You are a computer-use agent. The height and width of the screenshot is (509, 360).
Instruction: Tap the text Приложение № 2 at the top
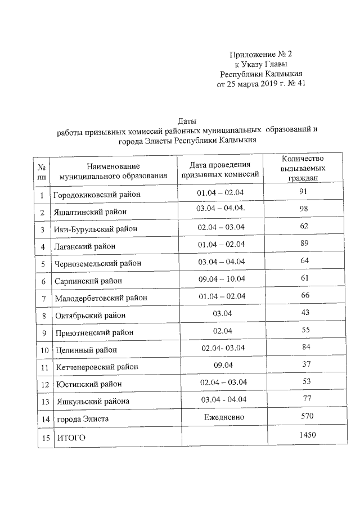tap(262, 54)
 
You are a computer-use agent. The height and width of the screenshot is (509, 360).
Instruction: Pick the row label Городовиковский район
tap(96, 195)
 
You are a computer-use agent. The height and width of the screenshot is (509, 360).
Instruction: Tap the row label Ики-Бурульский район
tap(96, 229)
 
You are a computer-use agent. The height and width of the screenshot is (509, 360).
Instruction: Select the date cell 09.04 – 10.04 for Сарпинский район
tap(220, 279)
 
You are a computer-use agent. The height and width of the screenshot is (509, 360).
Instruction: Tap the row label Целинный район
tap(87, 350)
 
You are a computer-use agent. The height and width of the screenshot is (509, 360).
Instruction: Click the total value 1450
tap(307, 435)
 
